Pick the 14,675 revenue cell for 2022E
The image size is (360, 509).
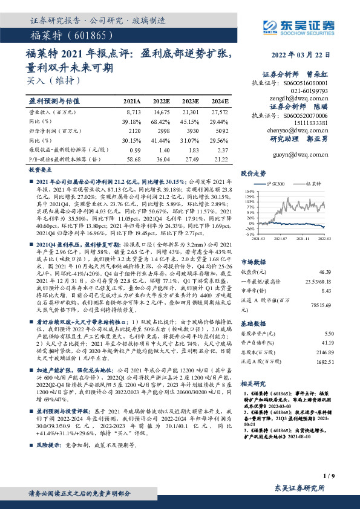(160, 113)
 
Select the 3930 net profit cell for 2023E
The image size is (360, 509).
(190, 130)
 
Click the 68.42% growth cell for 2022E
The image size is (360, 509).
(160, 121)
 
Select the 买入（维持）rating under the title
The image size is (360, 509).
(45, 79)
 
